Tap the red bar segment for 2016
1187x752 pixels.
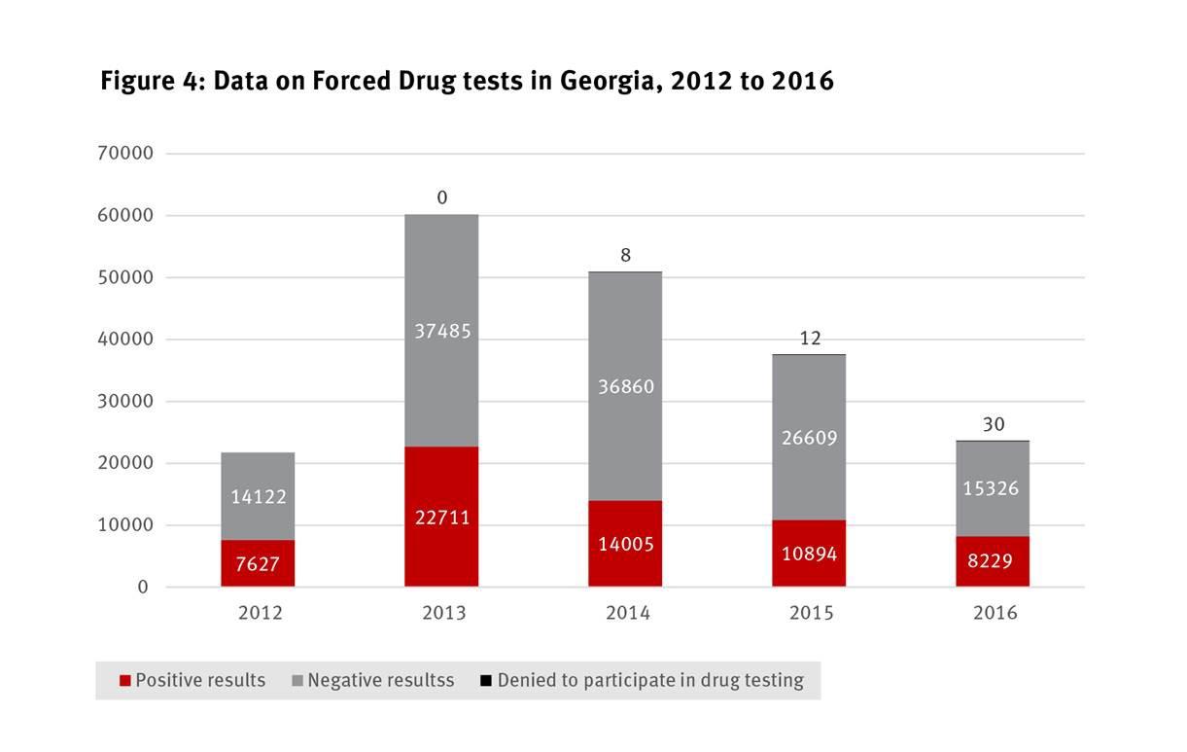tap(993, 574)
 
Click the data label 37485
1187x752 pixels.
tap(442, 332)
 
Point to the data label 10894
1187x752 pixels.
tap(810, 554)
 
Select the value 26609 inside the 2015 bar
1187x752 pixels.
tap(810, 439)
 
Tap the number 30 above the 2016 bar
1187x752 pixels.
tap(994, 425)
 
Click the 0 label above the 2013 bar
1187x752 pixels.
tap(442, 198)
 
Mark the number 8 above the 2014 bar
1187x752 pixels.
tap(626, 256)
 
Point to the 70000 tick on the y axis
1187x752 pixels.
tap(125, 154)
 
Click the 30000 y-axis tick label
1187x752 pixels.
tap(125, 402)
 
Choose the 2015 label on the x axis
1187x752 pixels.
tap(810, 613)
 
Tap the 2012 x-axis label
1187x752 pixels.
tap(259, 613)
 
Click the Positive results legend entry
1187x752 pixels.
tap(192, 681)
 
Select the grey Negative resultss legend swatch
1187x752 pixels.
tap(297, 681)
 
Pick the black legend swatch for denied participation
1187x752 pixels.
tap(485, 681)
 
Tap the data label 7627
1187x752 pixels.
tap(258, 564)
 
